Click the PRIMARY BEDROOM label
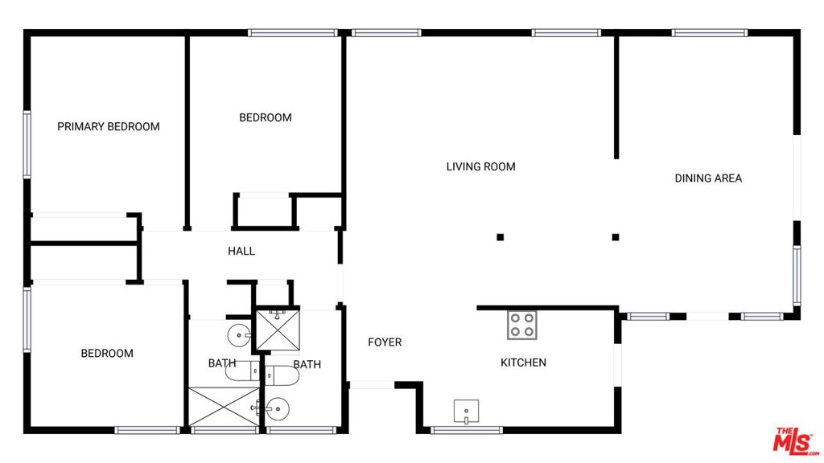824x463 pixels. (108, 126)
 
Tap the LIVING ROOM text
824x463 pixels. (480, 166)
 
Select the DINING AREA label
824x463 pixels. (708, 178)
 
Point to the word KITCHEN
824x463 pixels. (523, 363)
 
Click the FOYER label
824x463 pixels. (385, 342)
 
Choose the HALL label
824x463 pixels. (241, 251)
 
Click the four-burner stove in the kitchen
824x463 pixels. (521, 326)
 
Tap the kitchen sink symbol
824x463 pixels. (466, 411)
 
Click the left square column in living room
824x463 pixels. (500, 237)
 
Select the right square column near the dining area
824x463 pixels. (616, 237)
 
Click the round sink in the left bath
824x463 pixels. (238, 334)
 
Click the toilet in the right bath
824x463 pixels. (280, 375)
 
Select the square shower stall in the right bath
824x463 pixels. (277, 329)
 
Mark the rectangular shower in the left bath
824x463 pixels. (221, 408)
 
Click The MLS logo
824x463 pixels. (796, 440)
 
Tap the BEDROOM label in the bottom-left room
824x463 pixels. (107, 353)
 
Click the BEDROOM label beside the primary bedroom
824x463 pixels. (265, 117)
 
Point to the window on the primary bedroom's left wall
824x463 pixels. (27, 145)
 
